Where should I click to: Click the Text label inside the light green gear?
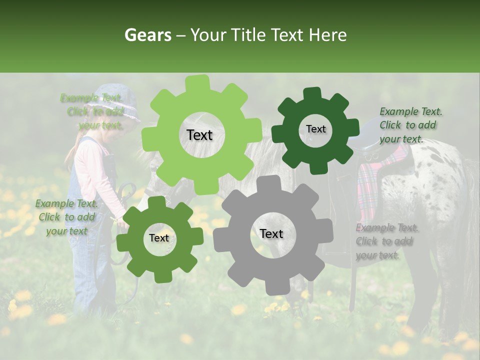199,135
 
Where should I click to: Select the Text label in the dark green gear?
315,129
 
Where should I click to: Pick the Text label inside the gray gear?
271,233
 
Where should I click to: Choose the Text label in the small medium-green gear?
159,238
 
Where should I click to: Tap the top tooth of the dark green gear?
312,93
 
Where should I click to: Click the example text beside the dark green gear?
410,125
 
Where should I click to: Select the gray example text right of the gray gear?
387,241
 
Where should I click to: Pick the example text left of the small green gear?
66,217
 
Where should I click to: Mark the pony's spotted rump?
440,185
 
